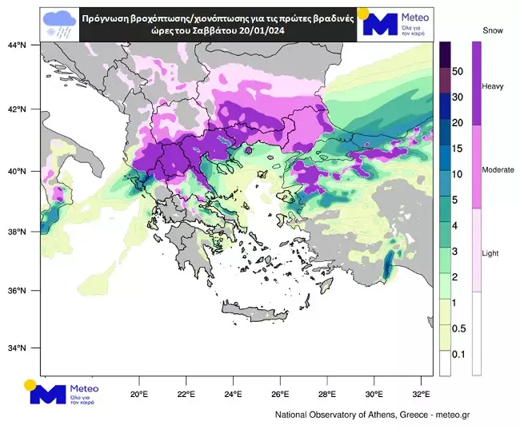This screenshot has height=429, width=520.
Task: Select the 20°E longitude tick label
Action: coord(139,394)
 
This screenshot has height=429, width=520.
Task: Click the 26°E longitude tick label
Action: coord(280,394)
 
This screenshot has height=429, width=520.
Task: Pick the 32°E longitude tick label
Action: coord(422,394)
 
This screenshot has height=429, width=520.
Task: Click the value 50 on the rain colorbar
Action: coord(458,71)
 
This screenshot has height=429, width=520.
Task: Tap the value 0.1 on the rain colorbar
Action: coord(458,354)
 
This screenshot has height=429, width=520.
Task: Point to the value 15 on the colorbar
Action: coord(458,149)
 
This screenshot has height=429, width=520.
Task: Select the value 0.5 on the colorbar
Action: coord(458,329)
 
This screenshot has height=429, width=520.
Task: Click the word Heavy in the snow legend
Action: coord(492,85)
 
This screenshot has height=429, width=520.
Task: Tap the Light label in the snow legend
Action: coord(490,253)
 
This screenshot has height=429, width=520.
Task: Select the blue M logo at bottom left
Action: coord(47,394)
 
